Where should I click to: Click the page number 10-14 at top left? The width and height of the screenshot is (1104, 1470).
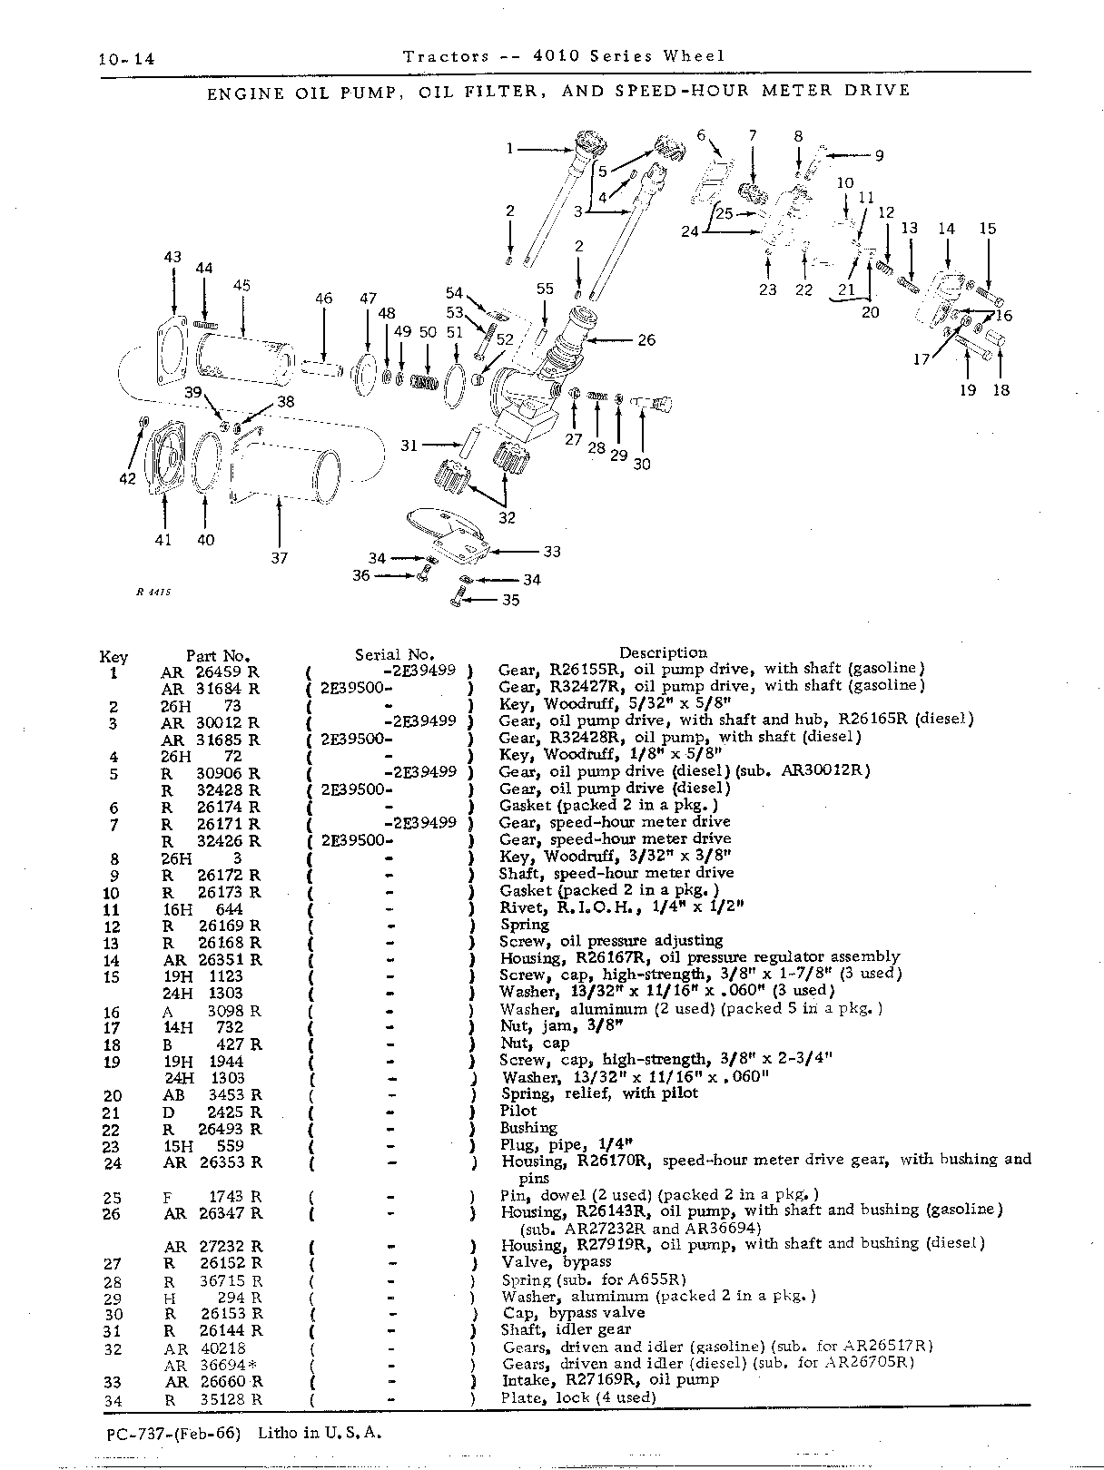126,59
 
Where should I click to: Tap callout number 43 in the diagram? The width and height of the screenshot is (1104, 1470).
172,257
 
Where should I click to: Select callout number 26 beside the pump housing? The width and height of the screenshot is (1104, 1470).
646,339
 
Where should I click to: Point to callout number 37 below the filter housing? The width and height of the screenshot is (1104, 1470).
280,558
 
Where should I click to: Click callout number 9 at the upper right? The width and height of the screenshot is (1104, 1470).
879,155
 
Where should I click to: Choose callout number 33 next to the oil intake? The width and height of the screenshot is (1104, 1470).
551,551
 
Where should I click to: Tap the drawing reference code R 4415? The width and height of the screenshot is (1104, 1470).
153,592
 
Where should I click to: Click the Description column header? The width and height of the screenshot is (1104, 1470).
663,652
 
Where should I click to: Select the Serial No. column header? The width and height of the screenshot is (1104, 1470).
395,654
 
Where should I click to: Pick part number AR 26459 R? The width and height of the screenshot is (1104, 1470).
210,671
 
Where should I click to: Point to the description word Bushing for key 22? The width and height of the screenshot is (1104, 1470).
528,1128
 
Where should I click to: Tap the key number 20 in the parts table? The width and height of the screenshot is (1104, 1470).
113,1095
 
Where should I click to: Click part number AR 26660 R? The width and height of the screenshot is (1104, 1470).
213,1382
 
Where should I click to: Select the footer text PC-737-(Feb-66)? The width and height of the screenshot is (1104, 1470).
172,1433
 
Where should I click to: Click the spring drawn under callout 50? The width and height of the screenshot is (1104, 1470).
424,382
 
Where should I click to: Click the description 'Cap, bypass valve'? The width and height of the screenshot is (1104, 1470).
574,1312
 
